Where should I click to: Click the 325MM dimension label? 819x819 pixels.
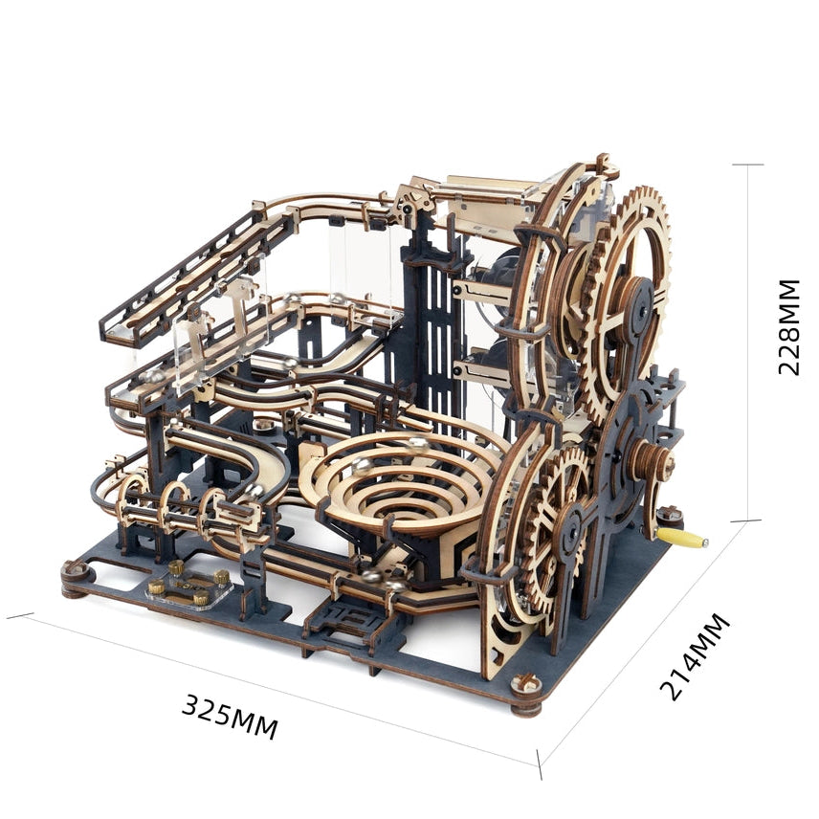(x=230, y=716)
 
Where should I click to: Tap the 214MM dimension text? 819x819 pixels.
(x=695, y=656)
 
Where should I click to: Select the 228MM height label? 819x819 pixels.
(x=788, y=327)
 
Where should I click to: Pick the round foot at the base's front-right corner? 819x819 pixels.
(x=526, y=695)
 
